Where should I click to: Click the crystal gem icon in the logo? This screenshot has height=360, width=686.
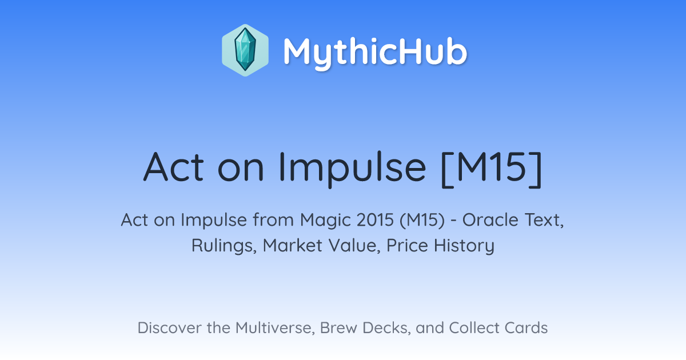245,50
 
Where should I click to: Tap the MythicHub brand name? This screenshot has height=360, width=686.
375,52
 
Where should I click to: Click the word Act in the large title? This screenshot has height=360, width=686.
173,167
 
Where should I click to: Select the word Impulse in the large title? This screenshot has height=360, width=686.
352,169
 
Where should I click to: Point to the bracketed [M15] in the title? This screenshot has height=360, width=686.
492,169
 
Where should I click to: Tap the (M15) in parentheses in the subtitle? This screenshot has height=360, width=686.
422,221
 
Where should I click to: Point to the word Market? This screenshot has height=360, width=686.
293,246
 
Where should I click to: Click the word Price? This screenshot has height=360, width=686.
407,246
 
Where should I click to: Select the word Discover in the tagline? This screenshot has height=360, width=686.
170,328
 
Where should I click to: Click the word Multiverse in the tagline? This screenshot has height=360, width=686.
275,328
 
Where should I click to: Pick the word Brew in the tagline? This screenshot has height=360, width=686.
338,328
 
